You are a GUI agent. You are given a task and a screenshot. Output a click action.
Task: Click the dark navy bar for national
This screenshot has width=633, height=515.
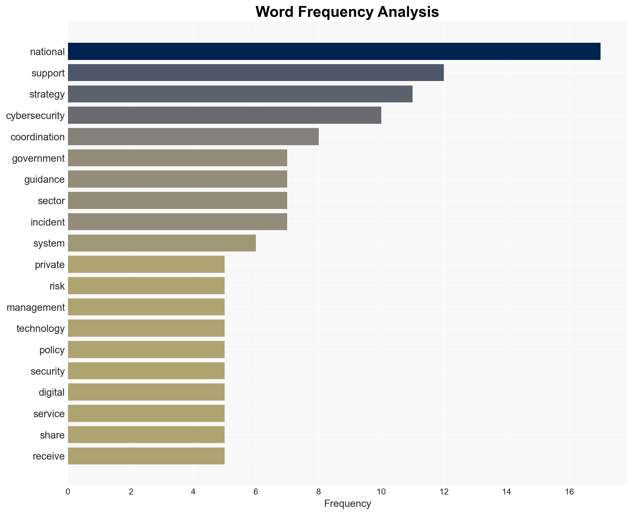(334, 51)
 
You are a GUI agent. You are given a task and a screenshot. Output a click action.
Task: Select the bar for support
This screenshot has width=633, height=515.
(256, 73)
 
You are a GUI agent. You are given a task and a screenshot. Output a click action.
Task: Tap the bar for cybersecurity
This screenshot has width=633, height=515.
(224, 115)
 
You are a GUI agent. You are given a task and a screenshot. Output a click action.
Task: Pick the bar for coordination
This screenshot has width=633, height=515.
(193, 137)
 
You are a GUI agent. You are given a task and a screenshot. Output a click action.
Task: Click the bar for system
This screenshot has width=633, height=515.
(162, 243)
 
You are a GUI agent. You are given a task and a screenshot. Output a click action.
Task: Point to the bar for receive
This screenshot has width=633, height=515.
(146, 456)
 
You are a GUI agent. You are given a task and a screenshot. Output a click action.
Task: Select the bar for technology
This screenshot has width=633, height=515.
(146, 328)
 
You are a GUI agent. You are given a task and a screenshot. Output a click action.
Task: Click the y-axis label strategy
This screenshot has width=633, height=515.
(47, 94)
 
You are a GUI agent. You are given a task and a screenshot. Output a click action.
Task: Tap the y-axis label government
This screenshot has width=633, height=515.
(38, 158)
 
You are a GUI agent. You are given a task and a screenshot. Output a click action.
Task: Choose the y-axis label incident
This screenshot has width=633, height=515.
(48, 222)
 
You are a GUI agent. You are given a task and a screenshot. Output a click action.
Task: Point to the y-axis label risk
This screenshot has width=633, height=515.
(57, 286)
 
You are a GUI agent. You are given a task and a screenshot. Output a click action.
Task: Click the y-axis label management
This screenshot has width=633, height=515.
(35, 307)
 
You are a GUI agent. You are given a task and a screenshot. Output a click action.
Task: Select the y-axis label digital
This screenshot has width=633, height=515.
(51, 392)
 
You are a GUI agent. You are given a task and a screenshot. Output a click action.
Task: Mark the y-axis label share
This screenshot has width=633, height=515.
(52, 435)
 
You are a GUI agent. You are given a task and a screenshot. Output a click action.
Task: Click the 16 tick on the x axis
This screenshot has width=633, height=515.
(569, 492)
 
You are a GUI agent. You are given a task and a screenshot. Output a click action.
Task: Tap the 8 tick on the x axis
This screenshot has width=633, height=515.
(318, 492)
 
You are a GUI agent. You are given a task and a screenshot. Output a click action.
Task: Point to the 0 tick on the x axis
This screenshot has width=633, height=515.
(68, 492)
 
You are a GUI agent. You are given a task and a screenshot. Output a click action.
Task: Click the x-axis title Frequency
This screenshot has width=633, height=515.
(347, 504)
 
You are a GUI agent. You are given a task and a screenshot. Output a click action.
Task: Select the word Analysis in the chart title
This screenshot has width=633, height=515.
(408, 12)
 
